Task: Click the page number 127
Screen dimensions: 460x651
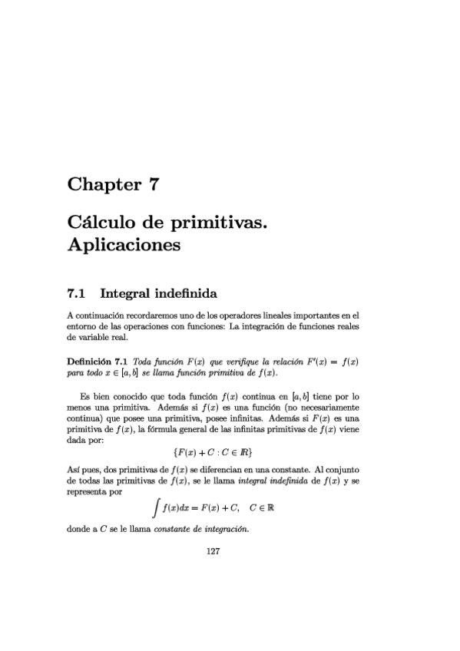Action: (x=214, y=550)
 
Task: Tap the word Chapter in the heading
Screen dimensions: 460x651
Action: (x=101, y=185)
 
